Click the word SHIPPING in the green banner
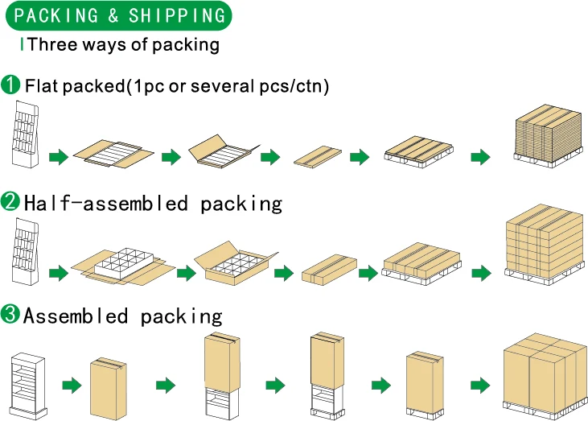(177, 15)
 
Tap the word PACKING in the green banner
(56, 15)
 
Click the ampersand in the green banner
(113, 15)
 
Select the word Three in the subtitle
(52, 44)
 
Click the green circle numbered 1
(10, 85)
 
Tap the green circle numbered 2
(10, 201)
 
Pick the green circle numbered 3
(10, 314)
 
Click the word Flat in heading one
(42, 85)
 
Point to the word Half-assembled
(105, 204)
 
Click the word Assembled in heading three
(76, 316)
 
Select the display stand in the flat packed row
(26, 134)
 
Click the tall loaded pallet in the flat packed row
(548, 136)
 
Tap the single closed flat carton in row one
(318, 156)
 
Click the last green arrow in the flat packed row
(481, 156)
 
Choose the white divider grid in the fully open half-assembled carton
(124, 261)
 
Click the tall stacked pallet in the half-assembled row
(545, 245)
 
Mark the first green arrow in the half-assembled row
(59, 273)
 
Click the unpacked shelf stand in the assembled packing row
(28, 386)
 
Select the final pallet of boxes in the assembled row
(545, 376)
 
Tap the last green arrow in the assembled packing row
(480, 386)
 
